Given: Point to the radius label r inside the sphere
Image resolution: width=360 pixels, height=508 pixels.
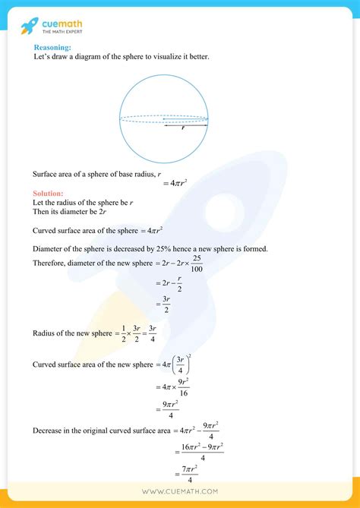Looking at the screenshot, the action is click(x=183, y=128).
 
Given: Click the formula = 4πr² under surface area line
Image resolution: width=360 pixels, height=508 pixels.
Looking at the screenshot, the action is click(x=175, y=182).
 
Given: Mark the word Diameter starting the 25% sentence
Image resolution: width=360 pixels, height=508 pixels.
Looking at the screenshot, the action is click(x=50, y=249).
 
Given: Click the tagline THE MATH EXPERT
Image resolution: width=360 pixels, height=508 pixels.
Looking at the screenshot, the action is click(x=63, y=32).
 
